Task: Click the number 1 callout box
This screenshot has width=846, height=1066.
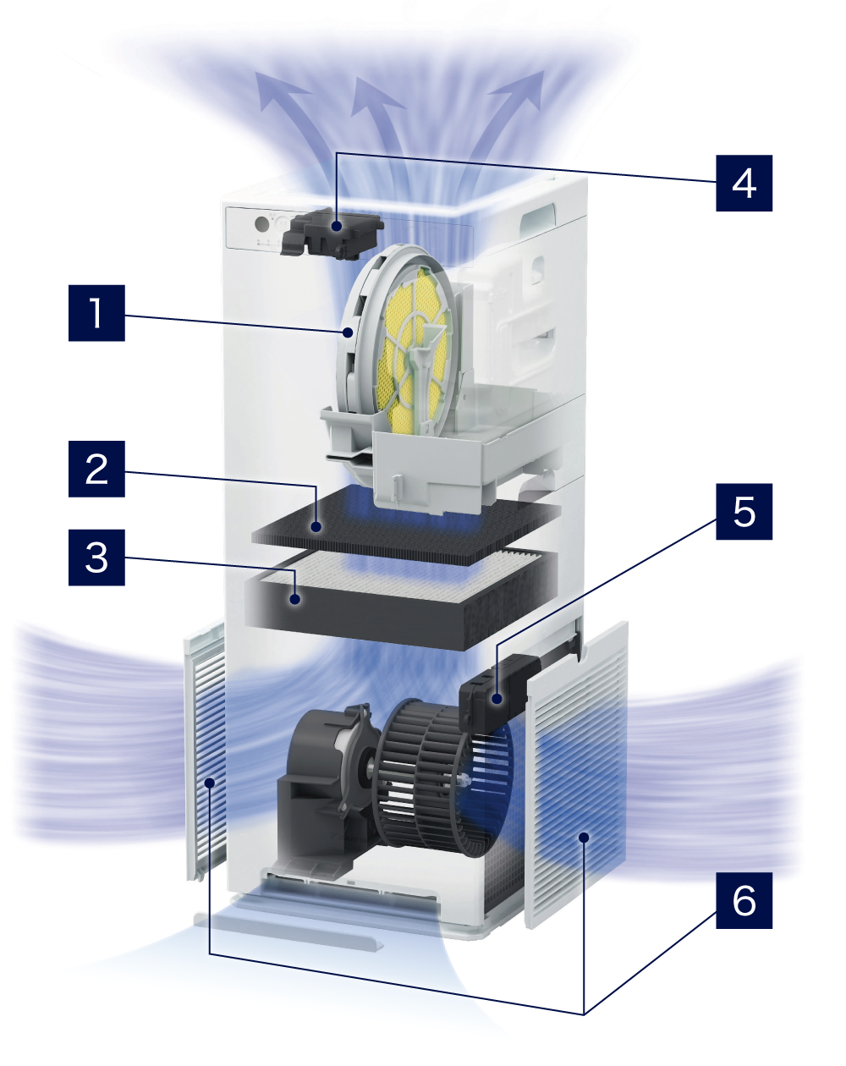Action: click(96, 312)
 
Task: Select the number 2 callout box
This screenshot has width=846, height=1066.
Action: click(96, 469)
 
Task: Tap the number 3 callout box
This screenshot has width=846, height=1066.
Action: click(96, 558)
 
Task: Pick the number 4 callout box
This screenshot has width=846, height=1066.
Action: click(744, 184)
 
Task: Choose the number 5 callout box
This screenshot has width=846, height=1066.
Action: click(744, 511)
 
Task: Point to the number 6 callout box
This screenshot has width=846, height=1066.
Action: click(744, 900)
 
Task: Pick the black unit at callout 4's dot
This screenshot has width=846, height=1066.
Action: click(332, 233)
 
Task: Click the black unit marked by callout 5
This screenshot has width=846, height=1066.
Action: click(497, 693)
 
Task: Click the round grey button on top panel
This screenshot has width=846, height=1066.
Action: click(261, 224)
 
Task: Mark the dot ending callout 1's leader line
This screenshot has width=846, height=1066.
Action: click(349, 332)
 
